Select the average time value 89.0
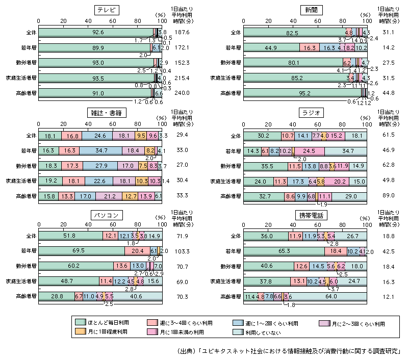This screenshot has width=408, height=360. point(385,196)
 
